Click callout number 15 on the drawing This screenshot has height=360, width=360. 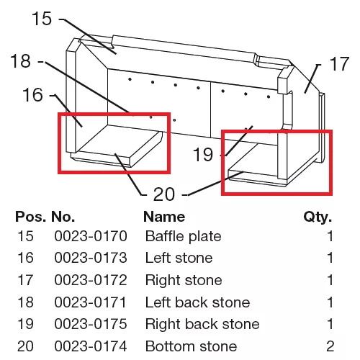tap(42, 19)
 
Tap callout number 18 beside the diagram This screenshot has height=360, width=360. tap(21, 61)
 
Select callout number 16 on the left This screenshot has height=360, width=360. tap(32, 95)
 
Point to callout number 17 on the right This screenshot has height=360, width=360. tap(339, 64)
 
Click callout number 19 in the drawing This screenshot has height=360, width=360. tap(203, 154)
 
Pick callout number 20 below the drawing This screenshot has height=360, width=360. tap(164, 194)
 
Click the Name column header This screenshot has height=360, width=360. tap(164, 217)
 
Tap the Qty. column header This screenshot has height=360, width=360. tap(318, 217)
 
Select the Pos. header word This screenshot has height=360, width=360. tap(30, 217)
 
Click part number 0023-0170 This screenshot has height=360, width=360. tap(91, 236)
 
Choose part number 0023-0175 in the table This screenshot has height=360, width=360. tap(91, 324)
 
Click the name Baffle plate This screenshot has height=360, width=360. tap(184, 237)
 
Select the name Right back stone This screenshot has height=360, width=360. tap(202, 324)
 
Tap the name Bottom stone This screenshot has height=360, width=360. tap(192, 346)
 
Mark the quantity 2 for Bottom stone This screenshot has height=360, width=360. tap(330, 346)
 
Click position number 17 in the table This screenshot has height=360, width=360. tap(25, 280)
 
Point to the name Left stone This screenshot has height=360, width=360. tap(179, 258)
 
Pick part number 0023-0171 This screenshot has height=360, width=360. tap(90, 302)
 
